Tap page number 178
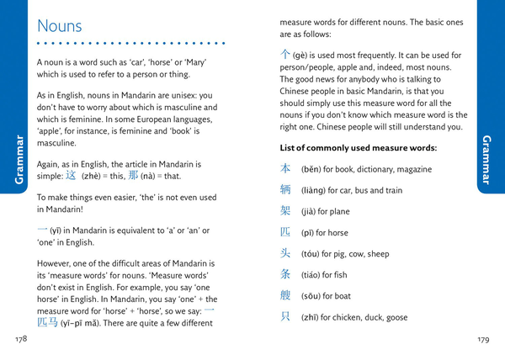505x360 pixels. point(21,339)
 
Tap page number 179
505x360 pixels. point(482,340)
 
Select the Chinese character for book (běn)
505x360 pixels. point(285,169)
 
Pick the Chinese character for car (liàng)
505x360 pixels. point(285,190)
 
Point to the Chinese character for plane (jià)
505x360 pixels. point(285,211)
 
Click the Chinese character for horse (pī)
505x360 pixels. point(285,232)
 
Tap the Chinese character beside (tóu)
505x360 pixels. point(285,253)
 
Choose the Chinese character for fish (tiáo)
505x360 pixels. point(285,274)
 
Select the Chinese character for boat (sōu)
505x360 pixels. point(285,295)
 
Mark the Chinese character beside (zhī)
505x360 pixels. point(285,316)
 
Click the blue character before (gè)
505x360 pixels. point(285,54)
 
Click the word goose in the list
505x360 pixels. point(397,317)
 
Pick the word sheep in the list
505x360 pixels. point(379,254)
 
